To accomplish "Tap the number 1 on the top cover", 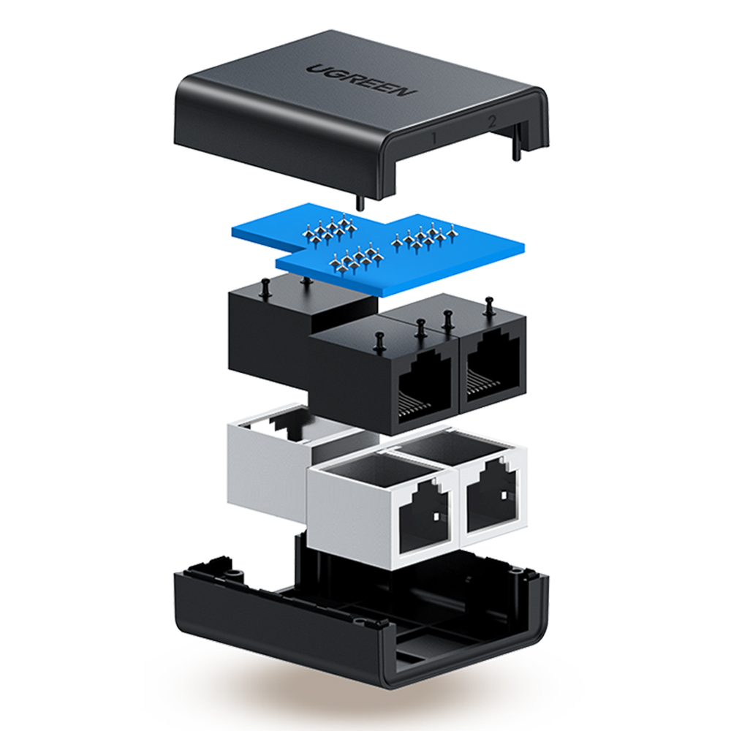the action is (x=434, y=138).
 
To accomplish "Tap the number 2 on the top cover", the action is (x=491, y=122).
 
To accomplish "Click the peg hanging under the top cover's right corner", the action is (x=516, y=148).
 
